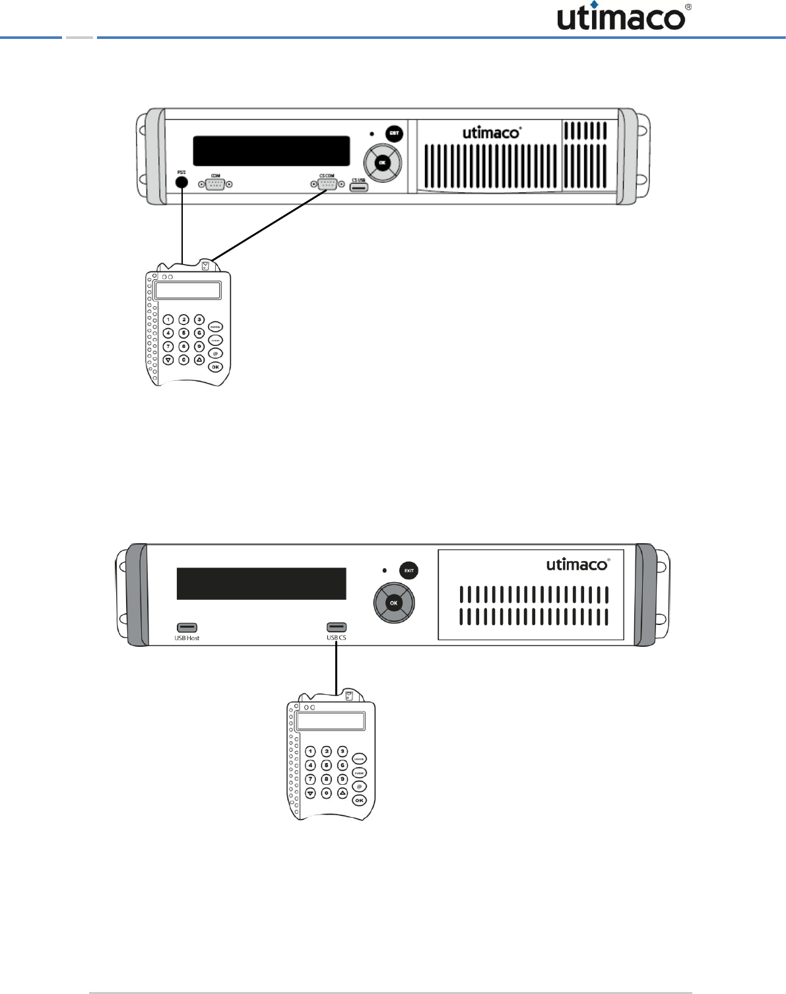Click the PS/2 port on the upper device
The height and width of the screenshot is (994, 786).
[181, 183]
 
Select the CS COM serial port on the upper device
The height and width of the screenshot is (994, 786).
[327, 184]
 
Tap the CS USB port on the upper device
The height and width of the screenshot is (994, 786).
[358, 188]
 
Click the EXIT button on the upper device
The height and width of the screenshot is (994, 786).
[394, 133]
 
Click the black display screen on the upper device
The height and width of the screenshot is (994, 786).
[271, 151]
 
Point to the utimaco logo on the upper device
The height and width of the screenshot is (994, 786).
[491, 133]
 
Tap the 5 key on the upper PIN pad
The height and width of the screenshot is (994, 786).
[184, 333]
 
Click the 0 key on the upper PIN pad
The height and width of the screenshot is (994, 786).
[184, 360]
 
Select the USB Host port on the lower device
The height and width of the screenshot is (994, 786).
[187, 628]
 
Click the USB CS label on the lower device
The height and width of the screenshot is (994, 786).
[337, 638]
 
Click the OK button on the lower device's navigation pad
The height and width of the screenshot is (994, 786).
[394, 603]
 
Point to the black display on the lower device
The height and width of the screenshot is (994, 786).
[261, 583]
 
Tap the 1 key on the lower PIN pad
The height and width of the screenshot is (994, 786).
[310, 752]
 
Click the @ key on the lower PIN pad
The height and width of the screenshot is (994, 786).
[359, 786]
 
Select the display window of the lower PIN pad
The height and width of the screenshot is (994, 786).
[331, 721]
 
